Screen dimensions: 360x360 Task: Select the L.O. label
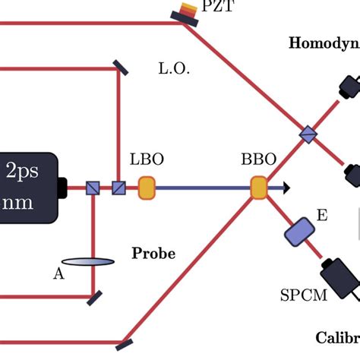click(174, 69)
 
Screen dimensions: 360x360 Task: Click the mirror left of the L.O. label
click(120, 68)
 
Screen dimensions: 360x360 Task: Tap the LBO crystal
click(147, 188)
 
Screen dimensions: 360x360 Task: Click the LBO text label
click(147, 161)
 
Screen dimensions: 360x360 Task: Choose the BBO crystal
click(259, 188)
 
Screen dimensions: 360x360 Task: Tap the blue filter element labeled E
click(300, 231)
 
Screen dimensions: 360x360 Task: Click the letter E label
click(322, 216)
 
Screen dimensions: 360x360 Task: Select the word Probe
click(153, 253)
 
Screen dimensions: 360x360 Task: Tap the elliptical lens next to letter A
click(88, 262)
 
